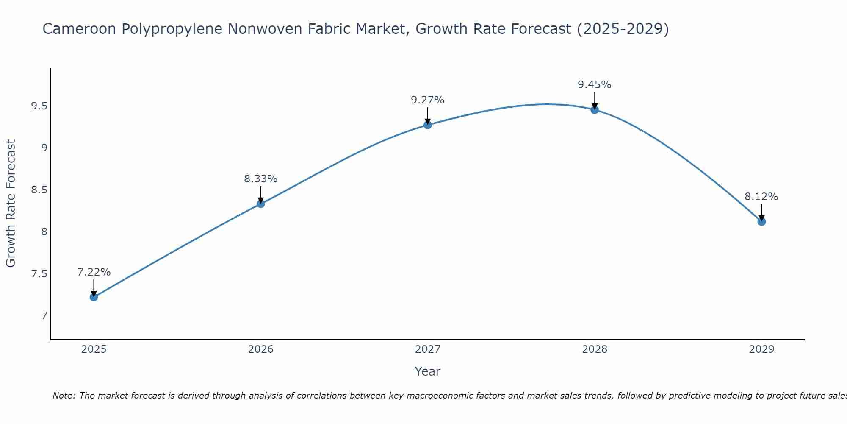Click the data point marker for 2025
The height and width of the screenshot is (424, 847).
click(x=94, y=297)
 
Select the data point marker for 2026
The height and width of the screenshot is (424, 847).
click(x=261, y=204)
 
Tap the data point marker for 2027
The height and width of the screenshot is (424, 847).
click(x=428, y=125)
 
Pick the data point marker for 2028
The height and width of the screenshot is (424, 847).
click(x=595, y=110)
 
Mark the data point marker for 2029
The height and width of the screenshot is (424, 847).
click(x=761, y=222)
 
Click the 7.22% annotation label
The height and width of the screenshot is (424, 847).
click(x=94, y=272)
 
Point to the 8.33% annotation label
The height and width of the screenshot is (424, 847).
click(x=261, y=179)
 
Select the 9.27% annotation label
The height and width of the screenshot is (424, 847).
click(x=428, y=100)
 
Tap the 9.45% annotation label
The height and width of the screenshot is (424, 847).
click(x=595, y=85)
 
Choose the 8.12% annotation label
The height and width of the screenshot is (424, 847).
click(x=761, y=197)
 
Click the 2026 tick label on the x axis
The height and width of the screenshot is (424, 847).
click(x=261, y=349)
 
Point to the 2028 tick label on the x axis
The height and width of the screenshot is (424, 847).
click(x=595, y=349)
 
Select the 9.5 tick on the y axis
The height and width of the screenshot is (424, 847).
click(x=39, y=106)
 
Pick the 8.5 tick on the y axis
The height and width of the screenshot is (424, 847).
click(x=39, y=190)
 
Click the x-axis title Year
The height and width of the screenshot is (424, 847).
click(x=428, y=371)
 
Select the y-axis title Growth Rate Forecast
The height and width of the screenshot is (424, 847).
click(x=11, y=204)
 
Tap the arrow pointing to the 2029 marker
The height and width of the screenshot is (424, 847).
click(x=761, y=212)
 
